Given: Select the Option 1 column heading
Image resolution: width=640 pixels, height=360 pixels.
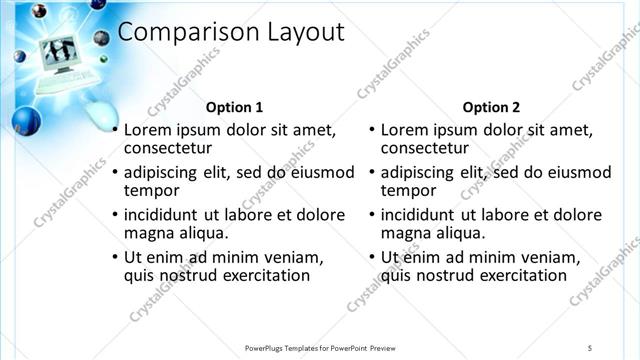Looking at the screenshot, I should [x=234, y=106].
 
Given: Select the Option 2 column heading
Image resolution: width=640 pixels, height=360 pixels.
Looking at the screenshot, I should [x=491, y=106].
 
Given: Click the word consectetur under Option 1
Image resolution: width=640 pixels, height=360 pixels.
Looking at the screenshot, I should [x=168, y=149].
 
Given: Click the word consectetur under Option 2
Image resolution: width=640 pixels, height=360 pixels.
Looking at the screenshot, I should [x=425, y=149].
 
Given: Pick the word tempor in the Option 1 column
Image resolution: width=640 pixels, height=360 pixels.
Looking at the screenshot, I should [x=151, y=190].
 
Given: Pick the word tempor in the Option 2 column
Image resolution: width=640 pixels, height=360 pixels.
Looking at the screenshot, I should [x=408, y=190].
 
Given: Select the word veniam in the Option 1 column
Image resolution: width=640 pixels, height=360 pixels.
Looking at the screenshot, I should [x=291, y=257].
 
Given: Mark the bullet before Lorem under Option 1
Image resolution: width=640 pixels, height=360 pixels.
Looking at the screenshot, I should [x=115, y=130].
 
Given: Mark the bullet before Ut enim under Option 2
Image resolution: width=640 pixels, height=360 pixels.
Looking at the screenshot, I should [x=372, y=258].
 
